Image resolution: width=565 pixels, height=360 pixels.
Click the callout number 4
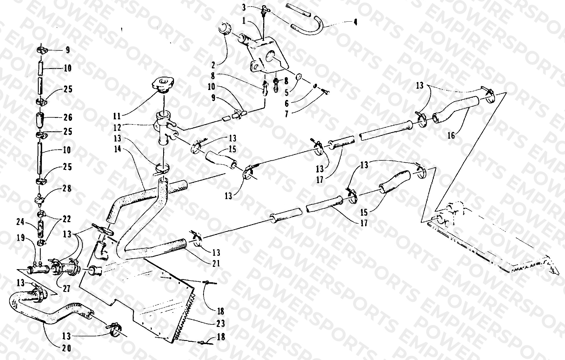pyautogui.click(x=355, y=22)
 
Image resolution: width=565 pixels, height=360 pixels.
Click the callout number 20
pyautogui.click(x=67, y=348)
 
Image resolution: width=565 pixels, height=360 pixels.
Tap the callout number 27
pyautogui.click(x=66, y=289)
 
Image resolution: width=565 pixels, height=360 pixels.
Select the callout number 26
pyautogui.click(x=68, y=117)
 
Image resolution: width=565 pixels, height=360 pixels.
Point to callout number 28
pyautogui.click(x=67, y=188)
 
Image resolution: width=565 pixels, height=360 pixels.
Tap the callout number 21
pyautogui.click(x=216, y=263)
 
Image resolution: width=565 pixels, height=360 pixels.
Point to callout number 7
pyautogui.click(x=286, y=114)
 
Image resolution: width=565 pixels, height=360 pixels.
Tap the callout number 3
pyautogui.click(x=244, y=7)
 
